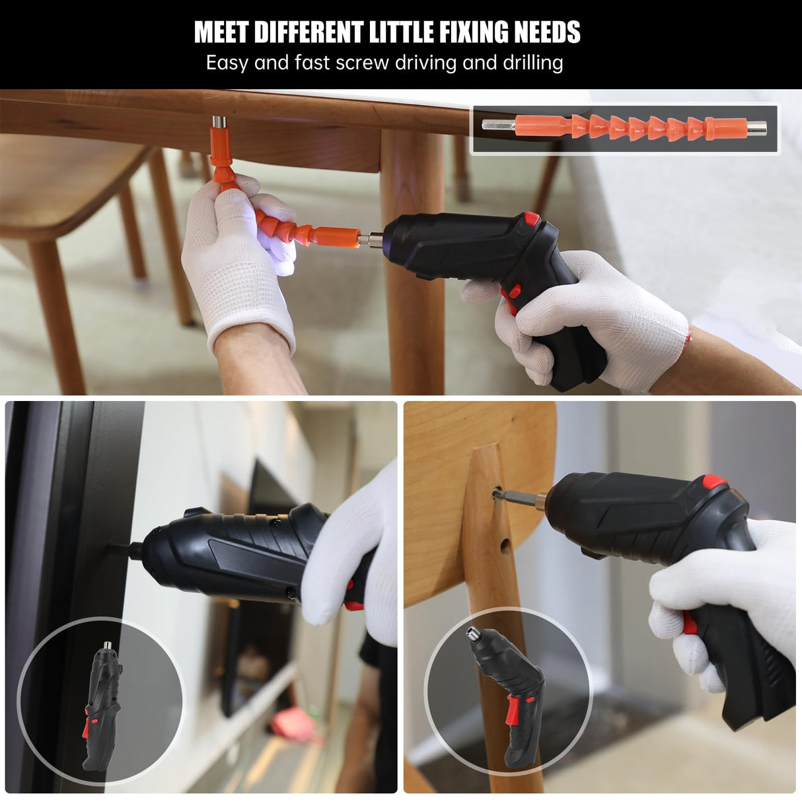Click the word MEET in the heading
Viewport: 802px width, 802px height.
(x=221, y=32)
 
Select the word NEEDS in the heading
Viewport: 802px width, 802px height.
(x=546, y=32)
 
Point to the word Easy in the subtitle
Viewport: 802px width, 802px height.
(x=227, y=63)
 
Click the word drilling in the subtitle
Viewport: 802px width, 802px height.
(x=532, y=63)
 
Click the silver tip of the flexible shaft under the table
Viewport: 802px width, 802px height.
(x=218, y=123)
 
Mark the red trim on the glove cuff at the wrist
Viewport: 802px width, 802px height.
(x=689, y=338)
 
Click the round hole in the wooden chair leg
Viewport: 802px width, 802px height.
(x=505, y=546)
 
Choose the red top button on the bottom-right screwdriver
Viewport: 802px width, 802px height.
(x=713, y=482)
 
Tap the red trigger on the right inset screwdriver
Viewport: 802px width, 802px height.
(x=511, y=712)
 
